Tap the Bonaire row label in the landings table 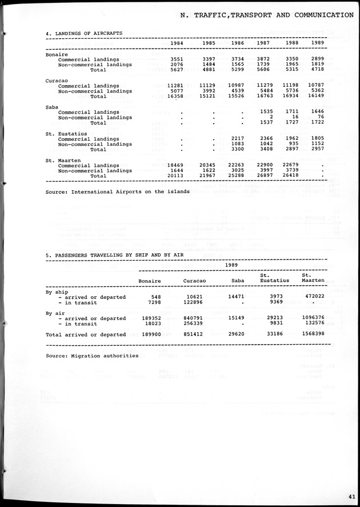click(56, 54)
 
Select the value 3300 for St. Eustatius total click(235, 150)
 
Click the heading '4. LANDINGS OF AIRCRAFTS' click(84, 34)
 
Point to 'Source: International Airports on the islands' click(118, 192)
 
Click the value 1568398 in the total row click(311, 335)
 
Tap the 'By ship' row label click(57, 292)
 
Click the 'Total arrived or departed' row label click(86, 335)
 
